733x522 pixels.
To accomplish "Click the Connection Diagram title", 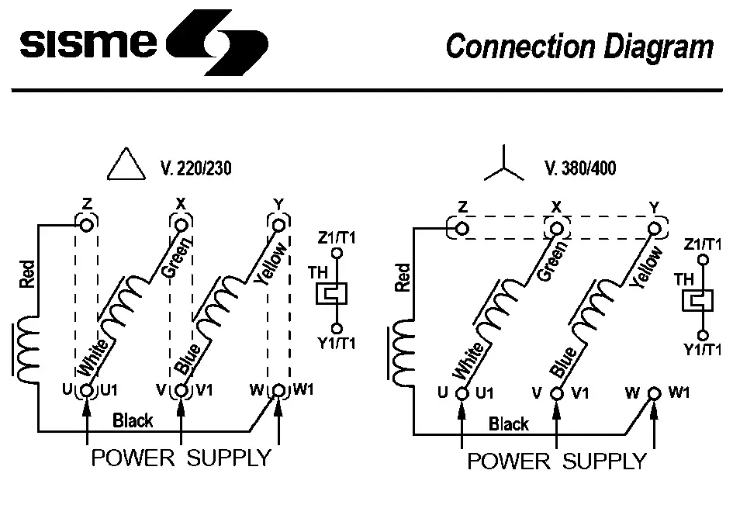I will (x=579, y=47).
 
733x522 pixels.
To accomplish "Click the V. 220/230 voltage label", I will (x=196, y=168).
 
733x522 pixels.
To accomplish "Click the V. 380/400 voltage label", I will (x=580, y=168).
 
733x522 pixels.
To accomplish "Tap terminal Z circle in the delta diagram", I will (x=86, y=225).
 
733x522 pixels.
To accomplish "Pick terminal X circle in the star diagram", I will (x=556, y=229).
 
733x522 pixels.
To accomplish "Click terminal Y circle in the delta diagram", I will (x=278, y=225).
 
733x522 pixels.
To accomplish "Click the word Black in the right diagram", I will (x=509, y=423).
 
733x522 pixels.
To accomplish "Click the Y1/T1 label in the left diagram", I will (x=336, y=343).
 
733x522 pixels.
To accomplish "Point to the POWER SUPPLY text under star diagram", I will (x=556, y=462).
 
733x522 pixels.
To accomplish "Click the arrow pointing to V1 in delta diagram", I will (x=181, y=419).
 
